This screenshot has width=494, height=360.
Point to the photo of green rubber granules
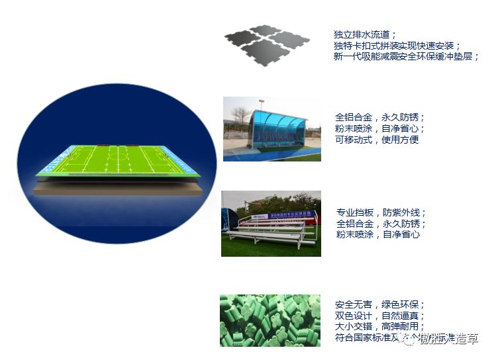[270, 320]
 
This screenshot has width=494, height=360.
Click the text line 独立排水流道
[365, 34]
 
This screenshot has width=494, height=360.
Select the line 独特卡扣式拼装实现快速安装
[397, 46]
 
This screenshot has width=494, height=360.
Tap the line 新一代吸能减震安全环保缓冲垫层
[406, 57]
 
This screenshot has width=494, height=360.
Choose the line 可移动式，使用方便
[377, 140]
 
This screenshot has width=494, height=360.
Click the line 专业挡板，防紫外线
[381, 213]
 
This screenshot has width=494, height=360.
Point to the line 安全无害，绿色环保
[379, 305]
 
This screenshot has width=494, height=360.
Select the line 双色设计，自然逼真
[379, 316]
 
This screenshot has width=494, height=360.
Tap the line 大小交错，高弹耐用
[379, 328]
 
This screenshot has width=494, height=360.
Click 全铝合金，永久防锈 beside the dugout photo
[380, 117]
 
